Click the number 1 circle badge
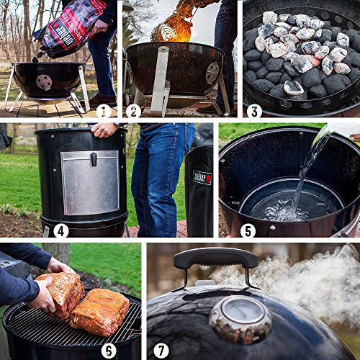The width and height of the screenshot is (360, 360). coord(104,110)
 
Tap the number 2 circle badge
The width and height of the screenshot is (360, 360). coord(132,110)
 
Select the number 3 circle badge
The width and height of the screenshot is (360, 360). coord(253,110)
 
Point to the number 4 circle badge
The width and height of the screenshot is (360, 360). coord(60,230)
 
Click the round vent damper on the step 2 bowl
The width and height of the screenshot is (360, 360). coord(212,72)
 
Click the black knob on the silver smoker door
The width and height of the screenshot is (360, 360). coord(93,159)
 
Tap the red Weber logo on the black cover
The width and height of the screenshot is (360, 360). coord(202,177)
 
